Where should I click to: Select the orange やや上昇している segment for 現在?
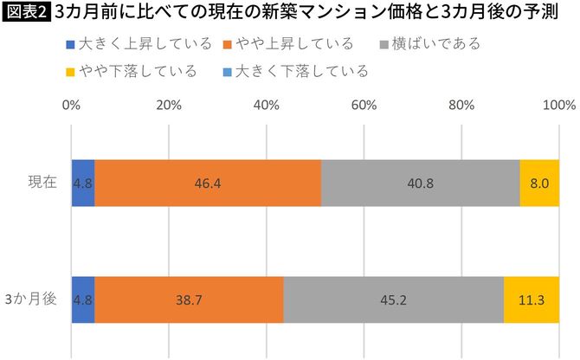(208, 183)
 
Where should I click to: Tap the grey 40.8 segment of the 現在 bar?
(421, 183)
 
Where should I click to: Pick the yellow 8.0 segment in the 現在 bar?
(539, 183)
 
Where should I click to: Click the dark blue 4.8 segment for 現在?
(83, 183)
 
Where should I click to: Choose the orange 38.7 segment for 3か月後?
(189, 299)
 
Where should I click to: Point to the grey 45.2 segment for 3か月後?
(394, 299)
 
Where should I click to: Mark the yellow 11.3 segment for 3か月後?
(532, 299)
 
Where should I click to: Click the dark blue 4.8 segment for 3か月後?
(83, 299)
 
